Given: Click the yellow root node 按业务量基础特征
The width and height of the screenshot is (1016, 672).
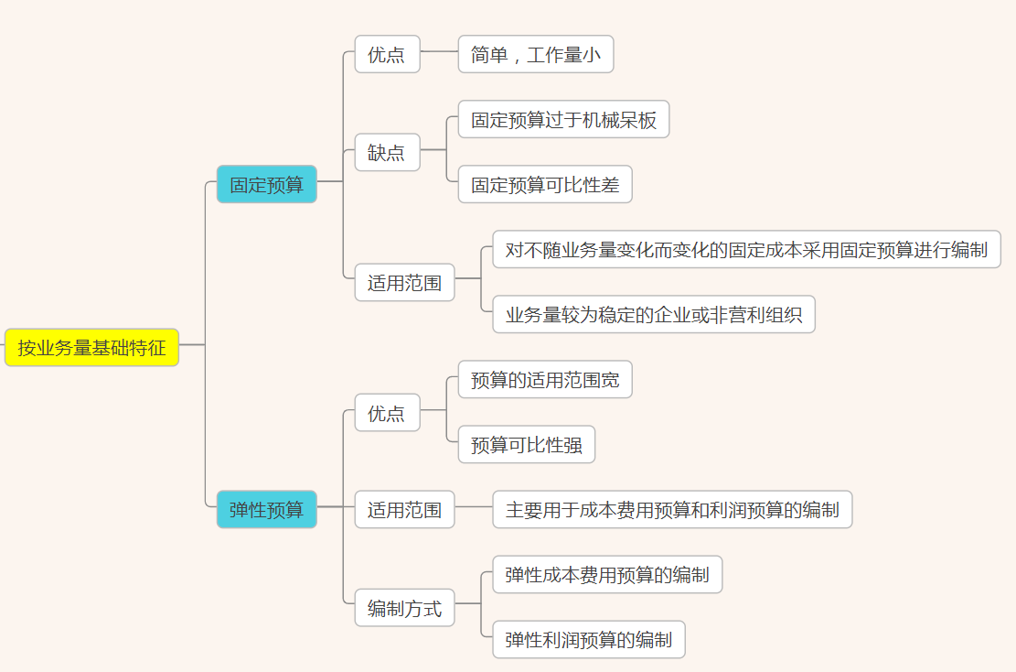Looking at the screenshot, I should pos(91,348).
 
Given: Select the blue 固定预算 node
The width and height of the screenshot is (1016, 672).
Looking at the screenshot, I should pos(266,184).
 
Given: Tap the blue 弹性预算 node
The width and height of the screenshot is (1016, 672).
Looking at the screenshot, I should pos(266,510).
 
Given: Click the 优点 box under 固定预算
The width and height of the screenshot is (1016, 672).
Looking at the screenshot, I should pos(387,54).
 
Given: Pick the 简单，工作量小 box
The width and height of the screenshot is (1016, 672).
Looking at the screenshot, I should pos(535,54).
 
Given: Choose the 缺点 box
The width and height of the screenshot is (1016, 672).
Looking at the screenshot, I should pos(387,152).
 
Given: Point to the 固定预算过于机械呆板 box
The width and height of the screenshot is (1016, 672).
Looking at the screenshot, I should pos(563,120).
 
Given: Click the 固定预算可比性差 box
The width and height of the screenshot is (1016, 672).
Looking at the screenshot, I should pos(545,185).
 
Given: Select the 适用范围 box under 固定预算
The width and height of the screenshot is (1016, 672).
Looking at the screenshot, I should pos(404,283).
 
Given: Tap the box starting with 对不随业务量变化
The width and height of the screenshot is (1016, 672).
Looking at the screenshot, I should pos(746,249).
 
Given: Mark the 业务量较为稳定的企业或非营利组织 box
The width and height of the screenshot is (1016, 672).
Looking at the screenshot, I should pos(653,315).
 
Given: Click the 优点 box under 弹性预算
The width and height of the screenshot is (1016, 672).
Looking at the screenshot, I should pos(387,413).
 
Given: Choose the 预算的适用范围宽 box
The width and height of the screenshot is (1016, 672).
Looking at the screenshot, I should pos(545,380).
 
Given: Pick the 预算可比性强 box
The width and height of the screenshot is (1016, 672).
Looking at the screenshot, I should pos(526,445).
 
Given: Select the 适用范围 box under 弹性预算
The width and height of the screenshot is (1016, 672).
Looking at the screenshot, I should pos(404,510).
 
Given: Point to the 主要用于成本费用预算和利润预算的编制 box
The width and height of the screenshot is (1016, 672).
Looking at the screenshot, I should pos(672,510).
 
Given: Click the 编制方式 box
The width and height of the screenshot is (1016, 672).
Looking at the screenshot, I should pos(404,608).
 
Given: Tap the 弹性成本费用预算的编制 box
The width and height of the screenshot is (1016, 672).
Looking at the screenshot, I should pos(607,575).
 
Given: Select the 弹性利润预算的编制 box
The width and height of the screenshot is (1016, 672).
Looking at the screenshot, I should pos(589,640).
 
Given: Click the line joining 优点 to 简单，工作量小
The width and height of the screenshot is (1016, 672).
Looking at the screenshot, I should pos(439,51).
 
